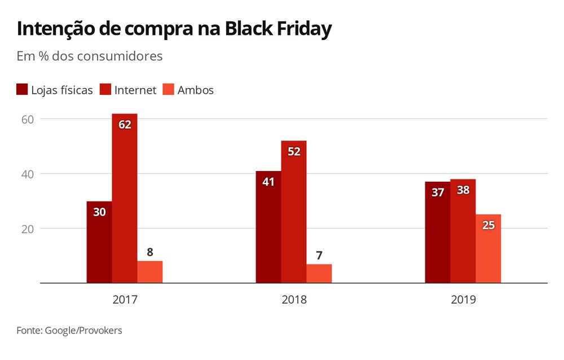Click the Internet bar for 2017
coord(125,198)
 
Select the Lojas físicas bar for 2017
coord(99,242)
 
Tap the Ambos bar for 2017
coord(150,272)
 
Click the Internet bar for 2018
coord(294,212)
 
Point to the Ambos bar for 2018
coord(319,274)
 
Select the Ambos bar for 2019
coord(488,249)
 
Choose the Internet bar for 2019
coord(463,231)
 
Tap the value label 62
coord(125,125)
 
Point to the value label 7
coord(319,256)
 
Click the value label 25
coord(488,225)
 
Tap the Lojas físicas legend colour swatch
coord(23,90)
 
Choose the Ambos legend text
coord(196,90)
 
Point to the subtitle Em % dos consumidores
coord(90,56)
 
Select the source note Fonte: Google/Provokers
coord(69,331)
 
